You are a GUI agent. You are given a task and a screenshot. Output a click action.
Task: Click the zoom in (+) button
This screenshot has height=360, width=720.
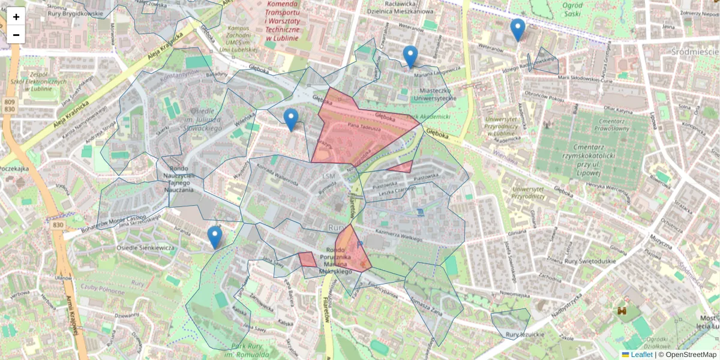click(x=16, y=17)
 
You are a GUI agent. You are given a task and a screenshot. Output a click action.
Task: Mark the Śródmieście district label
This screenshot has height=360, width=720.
click(x=695, y=52)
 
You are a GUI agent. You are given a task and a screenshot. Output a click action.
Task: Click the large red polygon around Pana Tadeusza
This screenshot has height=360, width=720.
click(x=360, y=132)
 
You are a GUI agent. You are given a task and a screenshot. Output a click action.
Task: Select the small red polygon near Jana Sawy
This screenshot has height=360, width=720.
click(x=307, y=259)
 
